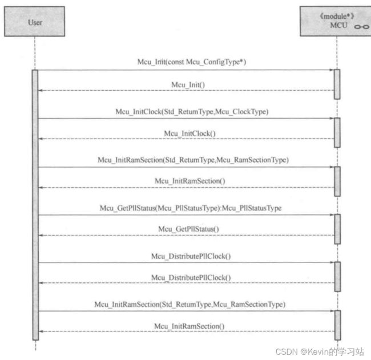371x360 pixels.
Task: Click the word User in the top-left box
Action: [x=35, y=22]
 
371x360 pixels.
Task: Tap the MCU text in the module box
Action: [x=338, y=25]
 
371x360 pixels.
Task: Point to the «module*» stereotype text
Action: [x=337, y=17]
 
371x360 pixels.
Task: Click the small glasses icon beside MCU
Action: [x=361, y=27]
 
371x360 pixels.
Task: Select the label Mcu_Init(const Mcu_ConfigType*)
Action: [x=192, y=62]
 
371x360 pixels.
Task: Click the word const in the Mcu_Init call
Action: [x=176, y=62]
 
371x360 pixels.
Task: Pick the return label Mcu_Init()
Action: [x=188, y=84]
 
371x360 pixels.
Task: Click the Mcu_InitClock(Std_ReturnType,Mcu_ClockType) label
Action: [x=192, y=112]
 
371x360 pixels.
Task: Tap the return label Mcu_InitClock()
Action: [x=189, y=134]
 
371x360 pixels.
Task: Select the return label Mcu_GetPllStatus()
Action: [x=188, y=229]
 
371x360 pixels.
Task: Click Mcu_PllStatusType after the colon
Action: [x=252, y=208]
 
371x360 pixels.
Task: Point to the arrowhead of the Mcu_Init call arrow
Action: [x=332, y=70]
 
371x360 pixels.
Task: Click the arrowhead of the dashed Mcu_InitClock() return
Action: [x=41, y=139]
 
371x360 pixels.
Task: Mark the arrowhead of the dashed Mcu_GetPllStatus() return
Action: [x=41, y=236]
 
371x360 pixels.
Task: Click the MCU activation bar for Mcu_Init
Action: [x=337, y=84]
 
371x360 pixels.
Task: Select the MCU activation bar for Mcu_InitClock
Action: [x=337, y=132]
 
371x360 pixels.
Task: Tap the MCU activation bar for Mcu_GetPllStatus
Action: [x=337, y=229]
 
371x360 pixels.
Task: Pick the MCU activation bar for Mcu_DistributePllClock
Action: [x=338, y=277]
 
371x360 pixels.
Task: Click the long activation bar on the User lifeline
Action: [x=35, y=205]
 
